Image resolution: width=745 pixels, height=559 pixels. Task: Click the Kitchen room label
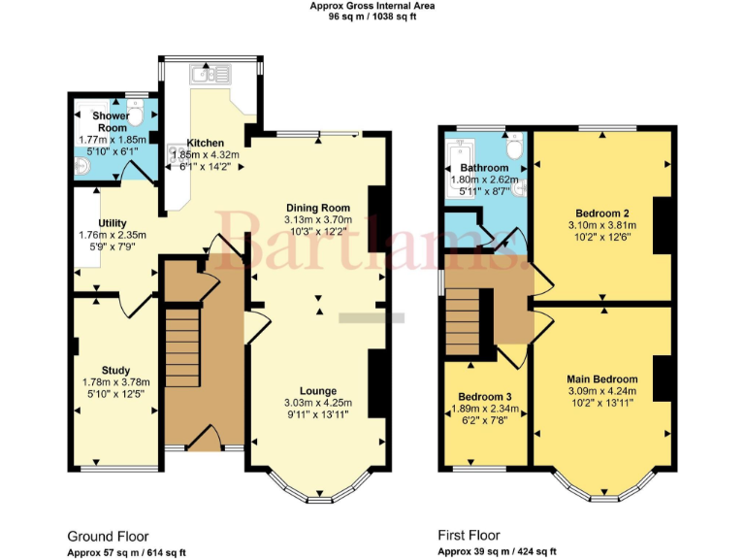click(x=206, y=142)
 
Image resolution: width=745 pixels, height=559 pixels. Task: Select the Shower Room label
click(x=112, y=122)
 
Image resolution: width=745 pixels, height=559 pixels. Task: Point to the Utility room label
click(x=113, y=223)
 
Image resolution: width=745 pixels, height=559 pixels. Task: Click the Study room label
click(x=115, y=370)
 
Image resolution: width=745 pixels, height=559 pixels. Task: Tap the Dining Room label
click(x=317, y=208)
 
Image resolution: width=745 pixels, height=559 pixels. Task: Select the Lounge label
click(x=317, y=391)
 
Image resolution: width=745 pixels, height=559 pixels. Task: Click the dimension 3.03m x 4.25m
click(x=317, y=403)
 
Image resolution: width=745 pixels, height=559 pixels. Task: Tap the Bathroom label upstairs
click(x=484, y=168)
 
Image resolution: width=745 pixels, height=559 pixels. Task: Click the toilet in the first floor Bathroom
click(x=513, y=147)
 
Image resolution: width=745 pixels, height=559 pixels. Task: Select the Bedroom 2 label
click(x=602, y=214)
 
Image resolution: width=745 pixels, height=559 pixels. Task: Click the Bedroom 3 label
click(x=486, y=397)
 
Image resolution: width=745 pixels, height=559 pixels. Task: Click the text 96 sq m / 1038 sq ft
click(x=372, y=16)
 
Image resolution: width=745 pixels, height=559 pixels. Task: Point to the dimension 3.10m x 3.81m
click(x=602, y=225)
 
